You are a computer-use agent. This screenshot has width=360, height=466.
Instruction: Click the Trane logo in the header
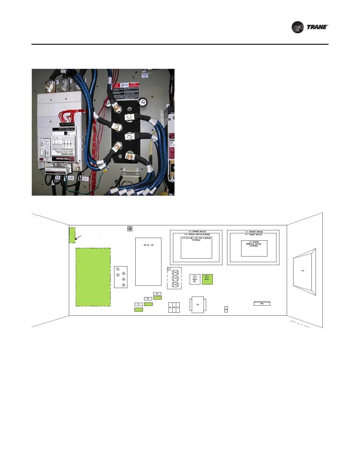click(310, 27)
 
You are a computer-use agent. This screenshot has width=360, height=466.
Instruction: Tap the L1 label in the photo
click(85, 179)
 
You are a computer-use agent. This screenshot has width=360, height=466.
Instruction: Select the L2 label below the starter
click(71, 178)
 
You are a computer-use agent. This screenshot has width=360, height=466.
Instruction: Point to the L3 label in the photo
click(58, 177)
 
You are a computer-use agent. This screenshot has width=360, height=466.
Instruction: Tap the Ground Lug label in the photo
click(145, 75)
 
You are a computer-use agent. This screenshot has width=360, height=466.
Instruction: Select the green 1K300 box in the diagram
click(207, 279)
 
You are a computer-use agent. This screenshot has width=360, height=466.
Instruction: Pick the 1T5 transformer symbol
click(198, 304)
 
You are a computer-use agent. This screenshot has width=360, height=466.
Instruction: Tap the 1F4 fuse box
click(226, 309)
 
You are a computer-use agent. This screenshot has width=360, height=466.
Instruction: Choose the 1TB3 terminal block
click(262, 304)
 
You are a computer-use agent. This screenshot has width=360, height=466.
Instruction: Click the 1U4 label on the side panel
click(303, 271)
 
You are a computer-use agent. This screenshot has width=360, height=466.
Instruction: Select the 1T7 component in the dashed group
click(175, 278)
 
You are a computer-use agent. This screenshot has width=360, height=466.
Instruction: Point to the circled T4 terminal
click(124, 279)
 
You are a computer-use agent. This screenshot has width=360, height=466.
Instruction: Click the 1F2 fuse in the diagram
click(174, 307)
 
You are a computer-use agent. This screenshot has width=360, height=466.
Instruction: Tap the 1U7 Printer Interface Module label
click(254, 244)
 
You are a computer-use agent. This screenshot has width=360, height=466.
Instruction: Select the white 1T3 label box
click(157, 294)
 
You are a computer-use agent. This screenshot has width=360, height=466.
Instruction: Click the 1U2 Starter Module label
click(196, 232)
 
